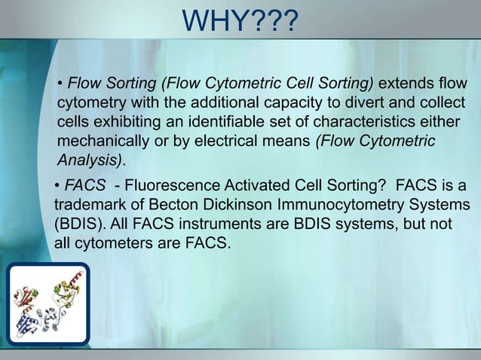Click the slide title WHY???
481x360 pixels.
click(x=240, y=20)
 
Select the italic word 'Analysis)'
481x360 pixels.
click(x=90, y=161)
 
